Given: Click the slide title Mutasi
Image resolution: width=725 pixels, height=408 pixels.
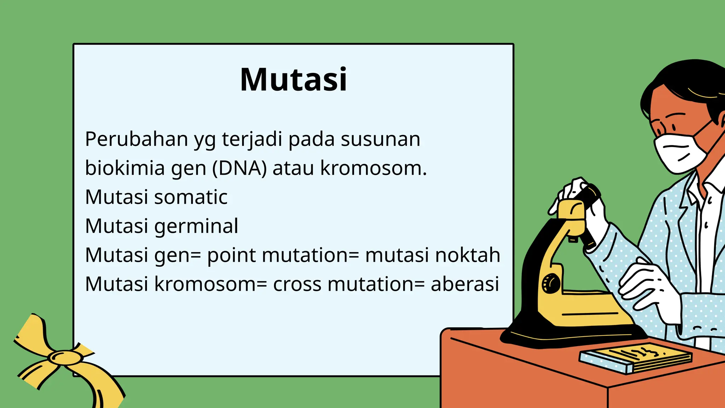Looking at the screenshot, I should [x=293, y=80].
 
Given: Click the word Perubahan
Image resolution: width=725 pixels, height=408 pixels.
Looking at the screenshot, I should [x=136, y=139].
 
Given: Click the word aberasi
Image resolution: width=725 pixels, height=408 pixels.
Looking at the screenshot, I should [x=464, y=284].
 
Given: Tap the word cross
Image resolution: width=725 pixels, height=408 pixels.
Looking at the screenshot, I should [x=297, y=284].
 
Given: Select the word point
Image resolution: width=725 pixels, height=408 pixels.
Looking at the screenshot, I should [x=231, y=256].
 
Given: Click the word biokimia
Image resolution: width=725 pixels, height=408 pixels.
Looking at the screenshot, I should [x=125, y=168].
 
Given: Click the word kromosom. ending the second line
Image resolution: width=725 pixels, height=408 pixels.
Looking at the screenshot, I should [x=373, y=168].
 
